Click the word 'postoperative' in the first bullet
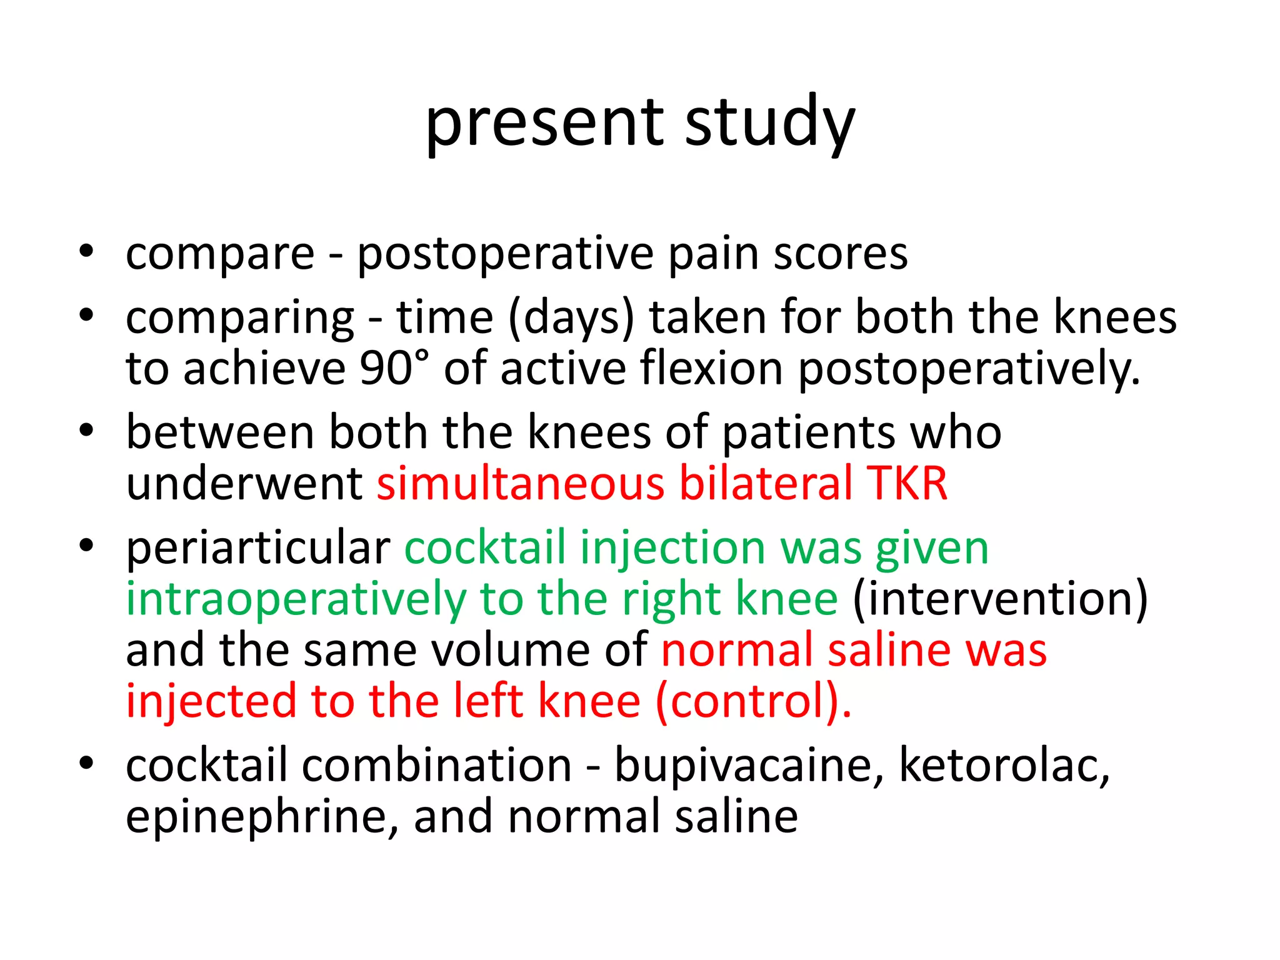tap(505, 254)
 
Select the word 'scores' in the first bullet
tap(841, 254)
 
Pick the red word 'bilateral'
tap(766, 484)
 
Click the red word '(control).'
tap(754, 702)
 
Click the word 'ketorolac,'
tap(1004, 766)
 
